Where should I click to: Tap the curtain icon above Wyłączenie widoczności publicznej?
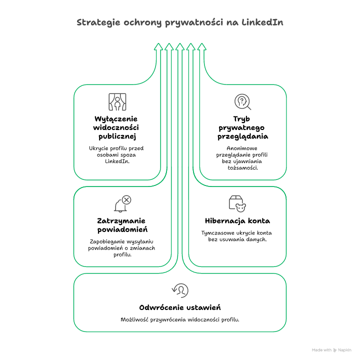pyautogui.click(x=117, y=101)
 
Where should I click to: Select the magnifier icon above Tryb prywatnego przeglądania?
pyautogui.click(x=242, y=102)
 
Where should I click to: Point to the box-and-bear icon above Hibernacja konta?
pyautogui.click(x=238, y=203)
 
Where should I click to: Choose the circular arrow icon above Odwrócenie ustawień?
pyautogui.click(x=180, y=290)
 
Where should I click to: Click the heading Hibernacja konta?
pyautogui.click(x=237, y=220)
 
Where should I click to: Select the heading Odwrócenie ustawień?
pyautogui.click(x=180, y=307)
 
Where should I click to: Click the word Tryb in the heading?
pyautogui.click(x=242, y=118)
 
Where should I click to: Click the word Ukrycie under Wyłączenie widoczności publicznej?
pyautogui.click(x=99, y=148)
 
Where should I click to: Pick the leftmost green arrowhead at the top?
pyautogui.click(x=158, y=46)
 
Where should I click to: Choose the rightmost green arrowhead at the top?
pyautogui.click(x=202, y=46)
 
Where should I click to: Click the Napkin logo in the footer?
pyautogui.click(x=335, y=350)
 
